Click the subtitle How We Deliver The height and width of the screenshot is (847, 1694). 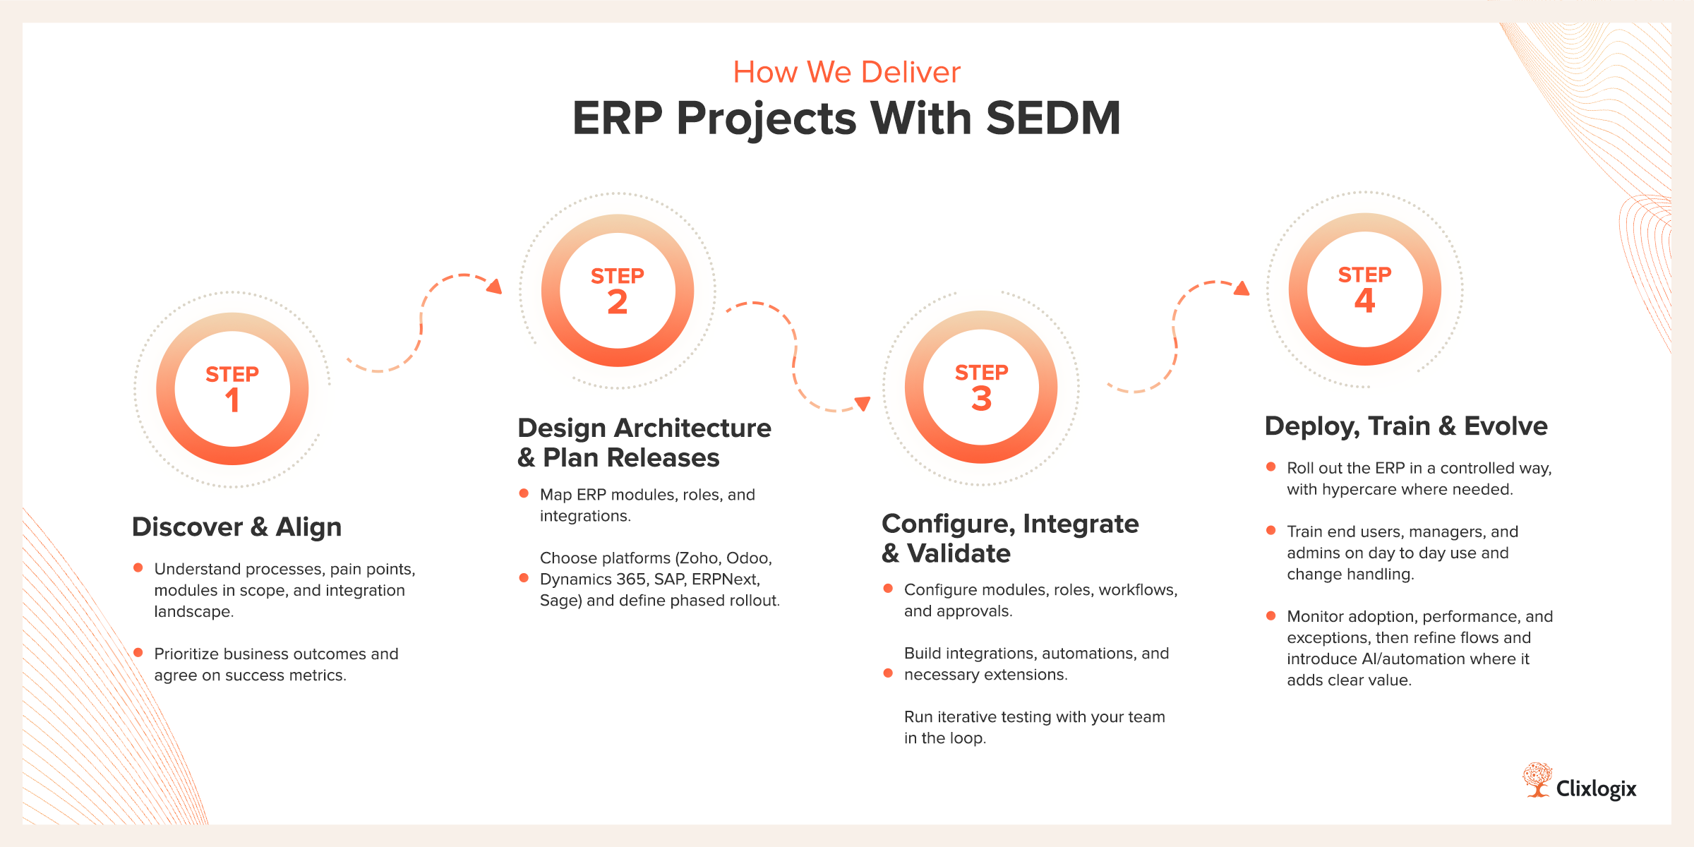[x=846, y=72]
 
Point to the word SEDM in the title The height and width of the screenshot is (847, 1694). [x=1053, y=118]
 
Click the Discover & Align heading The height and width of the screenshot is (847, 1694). [x=236, y=527]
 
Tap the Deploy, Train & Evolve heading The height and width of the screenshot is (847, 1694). [x=1406, y=426]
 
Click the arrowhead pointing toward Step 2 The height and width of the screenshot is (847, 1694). [x=495, y=286]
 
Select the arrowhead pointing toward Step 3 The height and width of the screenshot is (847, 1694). [x=863, y=403]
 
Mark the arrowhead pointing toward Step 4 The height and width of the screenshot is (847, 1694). [x=1242, y=288]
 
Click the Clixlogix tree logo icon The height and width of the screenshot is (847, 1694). [x=1537, y=780]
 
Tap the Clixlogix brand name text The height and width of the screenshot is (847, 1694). [x=1596, y=788]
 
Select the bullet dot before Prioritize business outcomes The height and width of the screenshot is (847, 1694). [x=138, y=653]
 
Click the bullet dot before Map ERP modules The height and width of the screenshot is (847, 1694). [x=524, y=493]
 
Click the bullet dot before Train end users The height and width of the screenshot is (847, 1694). [x=1270, y=530]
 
